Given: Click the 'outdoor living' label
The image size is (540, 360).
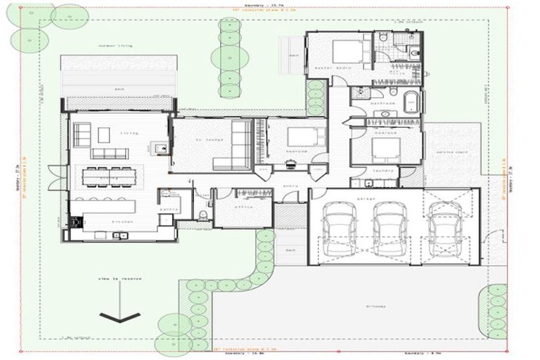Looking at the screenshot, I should [x=116, y=46].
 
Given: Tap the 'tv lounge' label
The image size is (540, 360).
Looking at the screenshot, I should [x=211, y=139].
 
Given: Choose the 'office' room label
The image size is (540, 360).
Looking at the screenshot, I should [x=245, y=207].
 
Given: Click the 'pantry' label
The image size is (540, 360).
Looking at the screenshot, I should [x=168, y=209].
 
